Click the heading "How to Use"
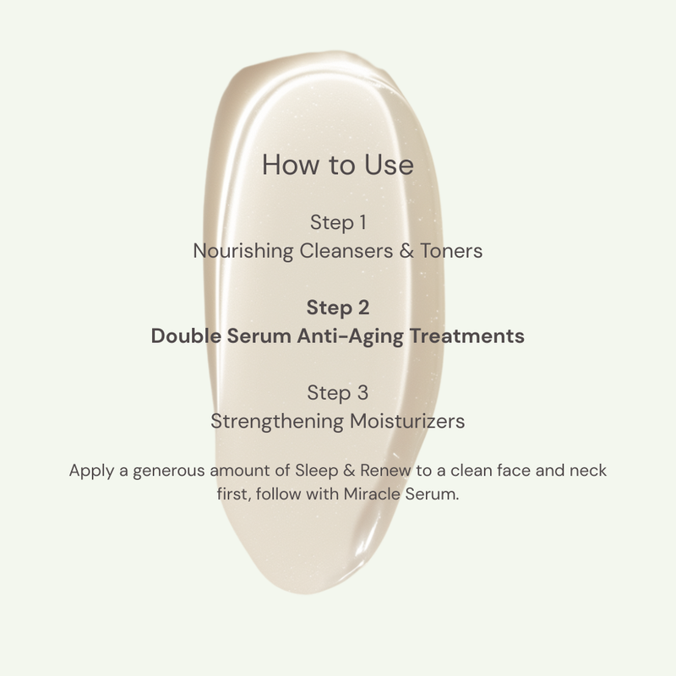pos(337,165)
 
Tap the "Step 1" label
pos(338,223)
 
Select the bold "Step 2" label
pos(338,308)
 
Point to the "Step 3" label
pos(338,393)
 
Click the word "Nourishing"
pos(243,251)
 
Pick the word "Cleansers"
pos(346,251)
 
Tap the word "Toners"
pos(451,251)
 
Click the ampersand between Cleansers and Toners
pos(406,251)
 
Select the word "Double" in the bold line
pos(186,335)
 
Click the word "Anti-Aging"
pos(350,336)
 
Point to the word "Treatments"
pos(466,335)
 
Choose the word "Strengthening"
pos(277,421)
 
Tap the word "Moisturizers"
pos(407,421)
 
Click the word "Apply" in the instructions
pos(91,471)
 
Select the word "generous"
pos(168,472)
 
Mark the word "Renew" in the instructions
pos(385,470)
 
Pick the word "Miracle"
pos(372,493)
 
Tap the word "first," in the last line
pos(234,494)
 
